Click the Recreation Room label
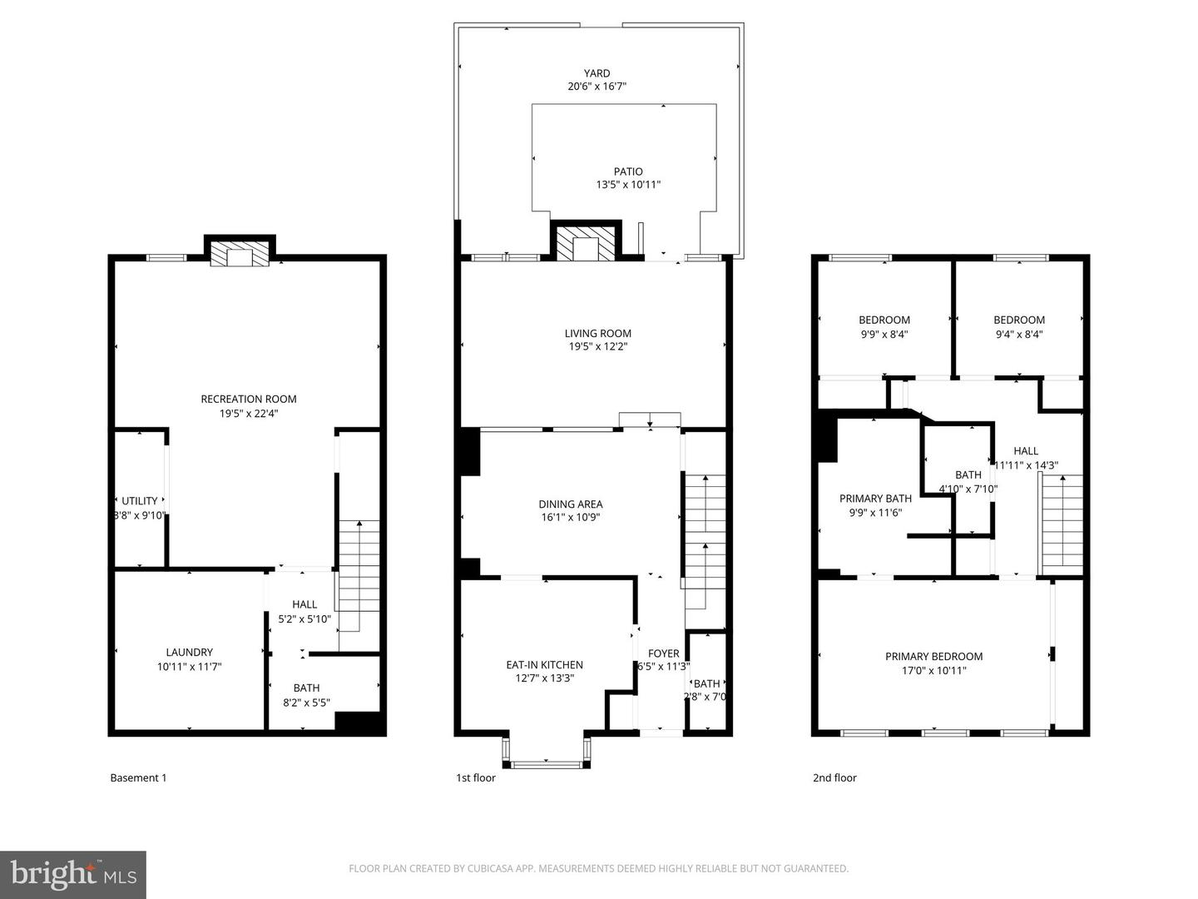[248, 399]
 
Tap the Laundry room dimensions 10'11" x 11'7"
[189, 667]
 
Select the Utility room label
[139, 501]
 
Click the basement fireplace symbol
[240, 254]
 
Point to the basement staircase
[359, 574]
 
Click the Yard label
[597, 73]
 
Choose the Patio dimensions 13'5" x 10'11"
[628, 185]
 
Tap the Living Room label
[597, 334]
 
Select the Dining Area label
[570, 504]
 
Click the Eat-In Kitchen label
[544, 664]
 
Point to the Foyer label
[663, 653]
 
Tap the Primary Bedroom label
[933, 656]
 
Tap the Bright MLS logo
[73, 874]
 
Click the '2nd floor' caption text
[834, 777]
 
